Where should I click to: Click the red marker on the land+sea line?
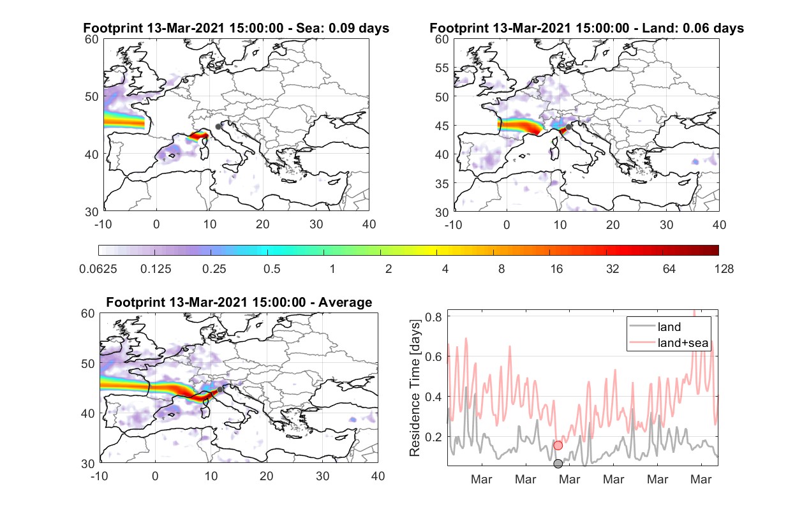558,445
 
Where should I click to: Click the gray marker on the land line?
558,463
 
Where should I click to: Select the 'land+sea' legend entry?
669,342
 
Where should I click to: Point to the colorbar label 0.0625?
98,269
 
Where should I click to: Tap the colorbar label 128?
724,269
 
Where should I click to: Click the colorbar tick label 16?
556,269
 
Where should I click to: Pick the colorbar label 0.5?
272,269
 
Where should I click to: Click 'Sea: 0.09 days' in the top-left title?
343,28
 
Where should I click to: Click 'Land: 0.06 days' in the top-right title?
693,28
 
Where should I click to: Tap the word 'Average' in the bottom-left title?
345,302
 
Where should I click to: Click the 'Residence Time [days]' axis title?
415,388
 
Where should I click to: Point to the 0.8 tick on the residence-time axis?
433,316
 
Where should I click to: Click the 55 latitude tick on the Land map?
442,68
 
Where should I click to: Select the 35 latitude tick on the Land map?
442,184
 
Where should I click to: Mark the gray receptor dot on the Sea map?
218,126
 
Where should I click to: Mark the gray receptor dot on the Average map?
220,390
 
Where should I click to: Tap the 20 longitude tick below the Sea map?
263,224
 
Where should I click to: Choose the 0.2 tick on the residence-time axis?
433,437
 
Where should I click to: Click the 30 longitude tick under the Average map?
322,476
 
